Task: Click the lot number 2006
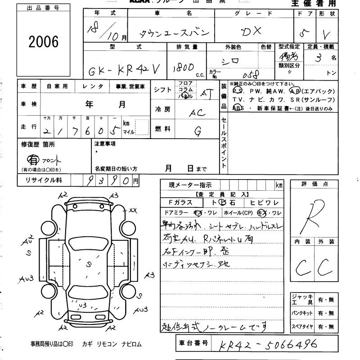tap(44, 42)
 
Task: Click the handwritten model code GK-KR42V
tap(123, 70)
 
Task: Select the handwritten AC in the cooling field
tap(198, 113)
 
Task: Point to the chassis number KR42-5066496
tap(268, 345)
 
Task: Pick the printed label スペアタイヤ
tap(302, 326)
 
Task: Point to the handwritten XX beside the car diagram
tap(133, 210)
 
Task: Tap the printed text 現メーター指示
tap(190, 184)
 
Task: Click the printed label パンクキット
tap(302, 313)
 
